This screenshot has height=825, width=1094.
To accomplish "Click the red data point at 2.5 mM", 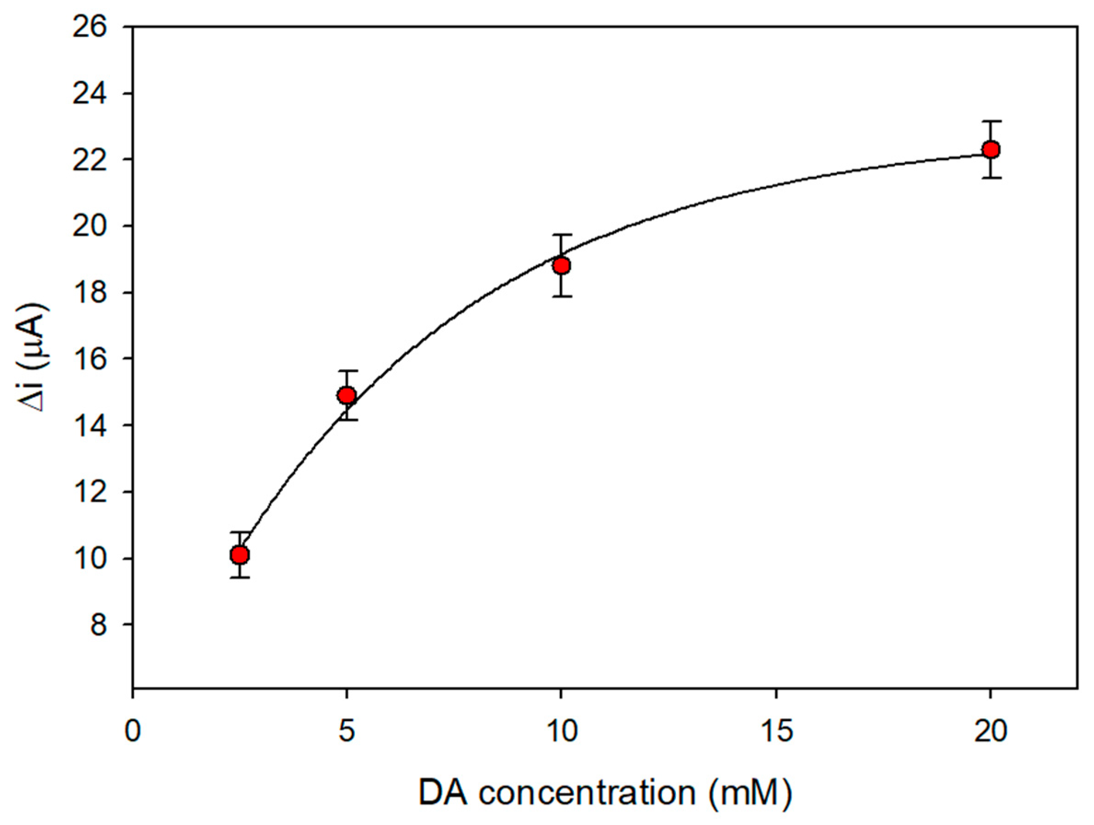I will click(x=240, y=555).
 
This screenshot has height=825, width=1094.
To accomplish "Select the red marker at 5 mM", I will click(x=347, y=395).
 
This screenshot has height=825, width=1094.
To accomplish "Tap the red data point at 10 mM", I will click(x=561, y=265).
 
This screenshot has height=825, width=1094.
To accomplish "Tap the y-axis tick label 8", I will click(x=98, y=625).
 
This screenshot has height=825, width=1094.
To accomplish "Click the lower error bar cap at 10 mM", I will click(x=561, y=296).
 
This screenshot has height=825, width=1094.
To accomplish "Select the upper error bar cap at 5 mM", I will click(x=347, y=371).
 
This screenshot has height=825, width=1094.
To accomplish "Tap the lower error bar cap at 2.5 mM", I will click(x=240, y=577).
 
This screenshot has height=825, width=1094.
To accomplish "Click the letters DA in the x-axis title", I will click(x=444, y=792).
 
